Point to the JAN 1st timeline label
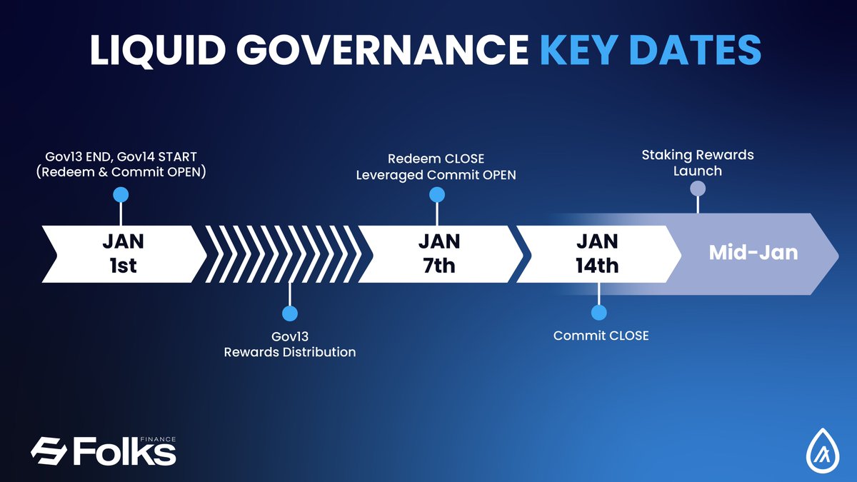coord(122,253)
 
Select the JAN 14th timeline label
coord(597,253)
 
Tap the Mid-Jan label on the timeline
coord(753,253)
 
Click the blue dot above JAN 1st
coord(121,194)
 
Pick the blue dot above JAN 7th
coord(437,195)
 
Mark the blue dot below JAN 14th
coord(599,312)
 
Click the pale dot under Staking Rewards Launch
coord(698,189)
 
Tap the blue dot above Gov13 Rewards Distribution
coord(289,313)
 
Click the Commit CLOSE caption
coord(601,336)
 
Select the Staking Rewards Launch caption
coord(697,163)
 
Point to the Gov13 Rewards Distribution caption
coord(289,343)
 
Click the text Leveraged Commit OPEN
coord(436,174)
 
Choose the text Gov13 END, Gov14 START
coord(121,157)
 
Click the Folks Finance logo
coord(103,451)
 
